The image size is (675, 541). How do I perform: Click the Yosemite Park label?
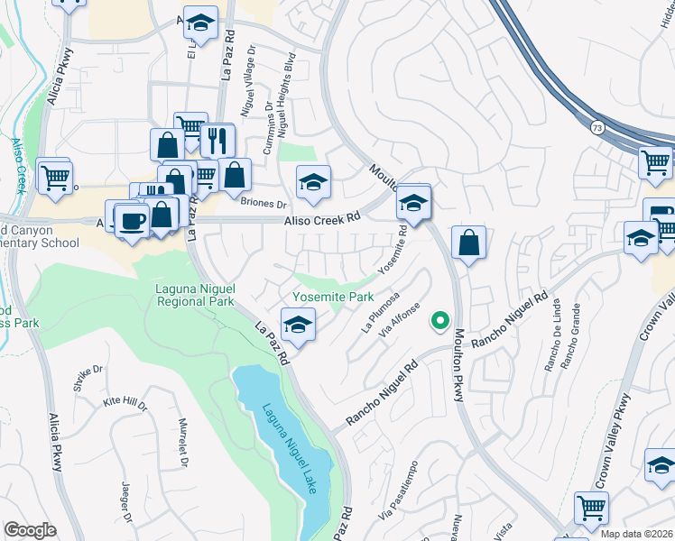(333, 297)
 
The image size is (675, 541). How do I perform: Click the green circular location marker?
(440, 318)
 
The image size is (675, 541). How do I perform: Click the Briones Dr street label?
(264, 204)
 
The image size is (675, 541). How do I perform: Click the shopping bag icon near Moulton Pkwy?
(469, 243)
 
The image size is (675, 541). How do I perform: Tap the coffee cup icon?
(132, 220)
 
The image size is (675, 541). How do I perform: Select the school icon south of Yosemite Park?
(298, 324)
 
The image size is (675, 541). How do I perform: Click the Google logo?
(30, 530)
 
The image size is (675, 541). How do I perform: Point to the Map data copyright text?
(635, 534)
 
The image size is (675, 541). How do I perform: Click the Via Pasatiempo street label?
(398, 505)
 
